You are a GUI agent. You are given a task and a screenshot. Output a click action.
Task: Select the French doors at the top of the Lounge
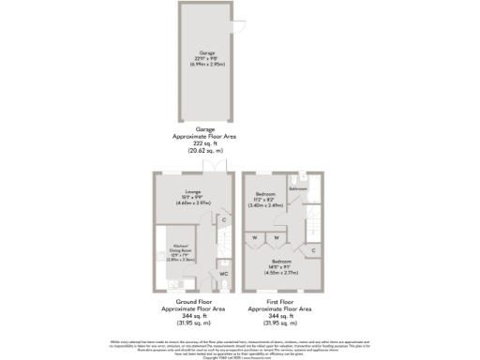[215, 166]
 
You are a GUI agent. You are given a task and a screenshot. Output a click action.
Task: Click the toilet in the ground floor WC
[224, 286]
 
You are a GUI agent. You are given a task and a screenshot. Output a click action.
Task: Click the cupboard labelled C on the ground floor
[223, 219]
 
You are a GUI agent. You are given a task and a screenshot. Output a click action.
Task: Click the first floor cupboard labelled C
[312, 250]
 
